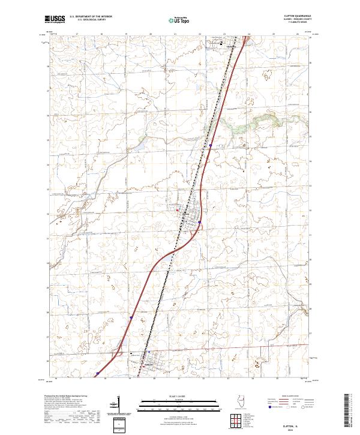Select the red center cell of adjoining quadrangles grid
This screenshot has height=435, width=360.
(x=235, y=418)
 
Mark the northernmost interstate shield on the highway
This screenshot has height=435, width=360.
(x=211, y=145)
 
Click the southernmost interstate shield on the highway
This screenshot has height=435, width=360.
(x=98, y=373)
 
